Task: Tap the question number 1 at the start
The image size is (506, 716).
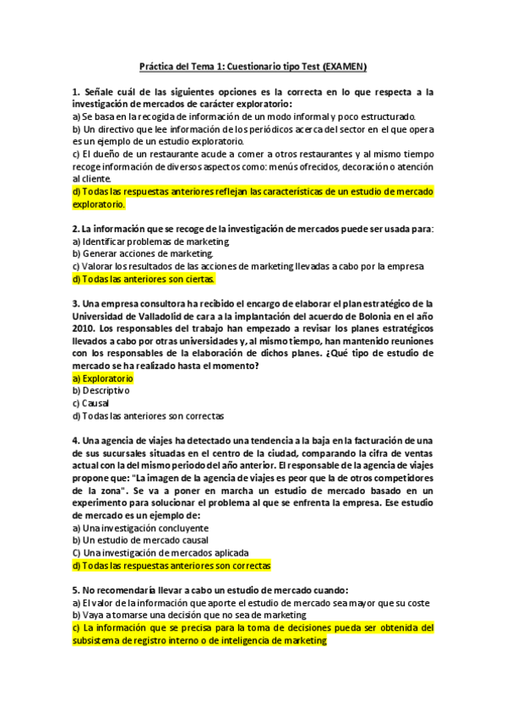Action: pyautogui.click(x=75, y=91)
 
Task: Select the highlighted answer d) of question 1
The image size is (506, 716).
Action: pyautogui.click(x=252, y=198)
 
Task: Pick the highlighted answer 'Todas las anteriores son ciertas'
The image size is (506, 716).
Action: pyautogui.click(x=144, y=279)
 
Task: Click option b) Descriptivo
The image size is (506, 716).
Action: pyautogui.click(x=101, y=391)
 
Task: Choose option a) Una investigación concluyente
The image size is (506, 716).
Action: pyautogui.click(x=139, y=528)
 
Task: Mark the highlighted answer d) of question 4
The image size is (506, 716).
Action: pyautogui.click(x=177, y=566)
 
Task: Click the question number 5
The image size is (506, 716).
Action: pyautogui.click(x=75, y=591)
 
